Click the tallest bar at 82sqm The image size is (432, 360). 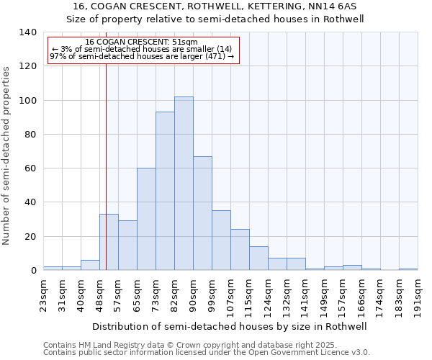(184, 184)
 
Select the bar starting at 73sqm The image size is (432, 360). (165, 191)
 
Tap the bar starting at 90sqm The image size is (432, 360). (202, 213)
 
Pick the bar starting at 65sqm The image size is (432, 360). (146, 219)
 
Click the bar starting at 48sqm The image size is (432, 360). (109, 242)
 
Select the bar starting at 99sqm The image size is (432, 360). (221, 240)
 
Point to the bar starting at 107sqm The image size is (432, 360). (240, 250)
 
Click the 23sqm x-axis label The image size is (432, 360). (43, 294)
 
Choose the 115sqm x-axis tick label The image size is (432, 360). (249, 297)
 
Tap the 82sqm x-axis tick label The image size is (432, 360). (174, 294)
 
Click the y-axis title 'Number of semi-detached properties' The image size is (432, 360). (7, 155)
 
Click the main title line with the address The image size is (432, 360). (216, 6)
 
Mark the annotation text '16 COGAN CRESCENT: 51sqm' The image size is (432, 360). (141, 42)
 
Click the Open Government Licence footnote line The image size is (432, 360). (207, 353)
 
